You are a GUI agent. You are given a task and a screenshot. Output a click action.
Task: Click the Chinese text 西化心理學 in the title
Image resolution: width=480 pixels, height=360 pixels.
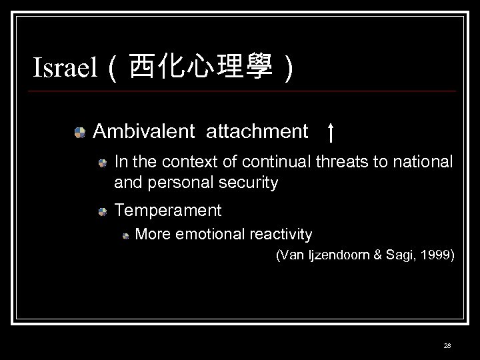pos(201,67)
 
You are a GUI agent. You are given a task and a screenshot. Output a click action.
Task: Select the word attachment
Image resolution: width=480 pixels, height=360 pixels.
pos(257,131)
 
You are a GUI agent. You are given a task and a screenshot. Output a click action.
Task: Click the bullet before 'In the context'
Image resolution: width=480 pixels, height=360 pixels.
pos(101,162)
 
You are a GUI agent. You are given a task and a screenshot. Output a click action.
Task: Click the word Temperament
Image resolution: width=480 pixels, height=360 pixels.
pos(168,211)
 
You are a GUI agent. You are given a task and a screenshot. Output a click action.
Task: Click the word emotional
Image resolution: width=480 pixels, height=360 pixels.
pos(209,234)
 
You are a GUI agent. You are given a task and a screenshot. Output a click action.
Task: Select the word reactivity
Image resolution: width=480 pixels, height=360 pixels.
pos(280,234)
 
